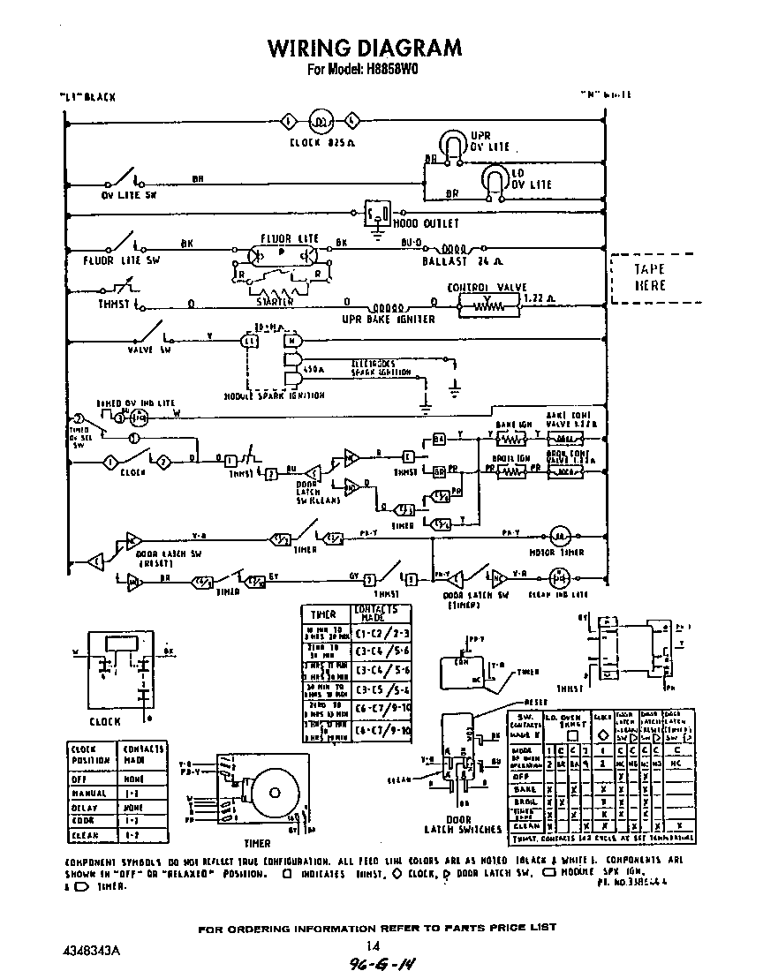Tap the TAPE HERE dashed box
point(650,277)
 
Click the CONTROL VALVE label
point(487,288)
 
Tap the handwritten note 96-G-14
point(381,961)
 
